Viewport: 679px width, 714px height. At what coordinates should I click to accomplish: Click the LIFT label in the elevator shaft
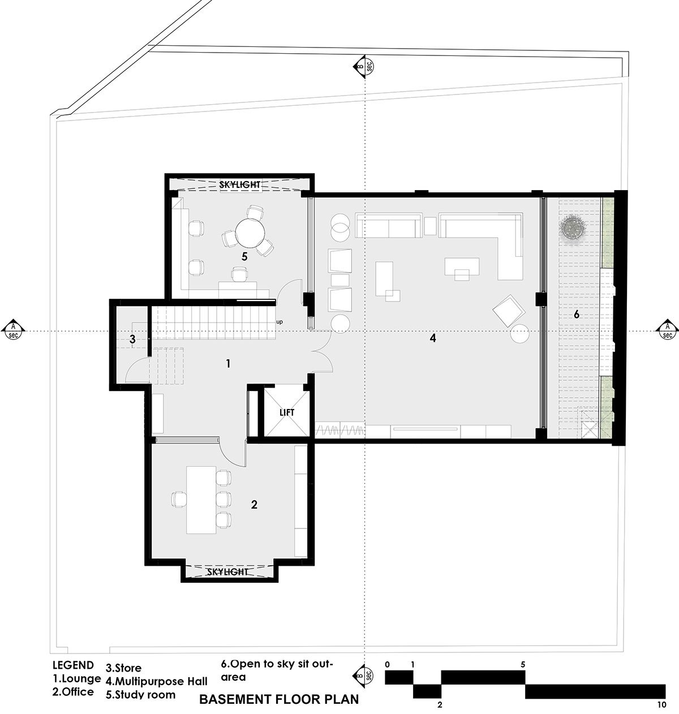[x=287, y=412]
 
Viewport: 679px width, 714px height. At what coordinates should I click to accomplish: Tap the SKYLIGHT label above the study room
[x=240, y=184]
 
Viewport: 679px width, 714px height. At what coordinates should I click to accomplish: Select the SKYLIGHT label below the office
[x=227, y=572]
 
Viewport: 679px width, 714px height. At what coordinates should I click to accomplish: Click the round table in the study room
[x=250, y=233]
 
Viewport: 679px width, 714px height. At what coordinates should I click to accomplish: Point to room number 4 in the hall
[x=433, y=338]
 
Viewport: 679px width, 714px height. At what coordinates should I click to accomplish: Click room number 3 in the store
[x=132, y=339]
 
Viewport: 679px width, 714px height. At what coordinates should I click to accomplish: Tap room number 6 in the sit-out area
[x=577, y=314]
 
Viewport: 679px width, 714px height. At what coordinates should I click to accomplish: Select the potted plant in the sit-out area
[x=574, y=227]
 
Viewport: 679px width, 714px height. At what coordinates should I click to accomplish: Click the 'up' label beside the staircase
[x=280, y=322]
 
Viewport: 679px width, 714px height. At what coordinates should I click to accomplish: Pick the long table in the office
[x=201, y=500]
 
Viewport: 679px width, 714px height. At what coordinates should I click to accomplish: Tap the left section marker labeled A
[x=13, y=330]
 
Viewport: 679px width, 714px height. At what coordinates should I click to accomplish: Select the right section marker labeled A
[x=667, y=330]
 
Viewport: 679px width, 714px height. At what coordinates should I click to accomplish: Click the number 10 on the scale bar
[x=661, y=705]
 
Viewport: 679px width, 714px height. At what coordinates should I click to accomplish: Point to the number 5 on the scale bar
[x=523, y=665]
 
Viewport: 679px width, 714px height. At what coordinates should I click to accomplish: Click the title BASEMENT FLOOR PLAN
[x=279, y=699]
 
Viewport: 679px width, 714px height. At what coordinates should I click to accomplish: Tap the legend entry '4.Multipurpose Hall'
[x=157, y=681]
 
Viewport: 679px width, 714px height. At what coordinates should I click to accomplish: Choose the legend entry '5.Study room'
[x=140, y=695]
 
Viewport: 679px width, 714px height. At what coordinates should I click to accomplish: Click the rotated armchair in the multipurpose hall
[x=509, y=311]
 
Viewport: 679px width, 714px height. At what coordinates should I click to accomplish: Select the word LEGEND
[x=74, y=665]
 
